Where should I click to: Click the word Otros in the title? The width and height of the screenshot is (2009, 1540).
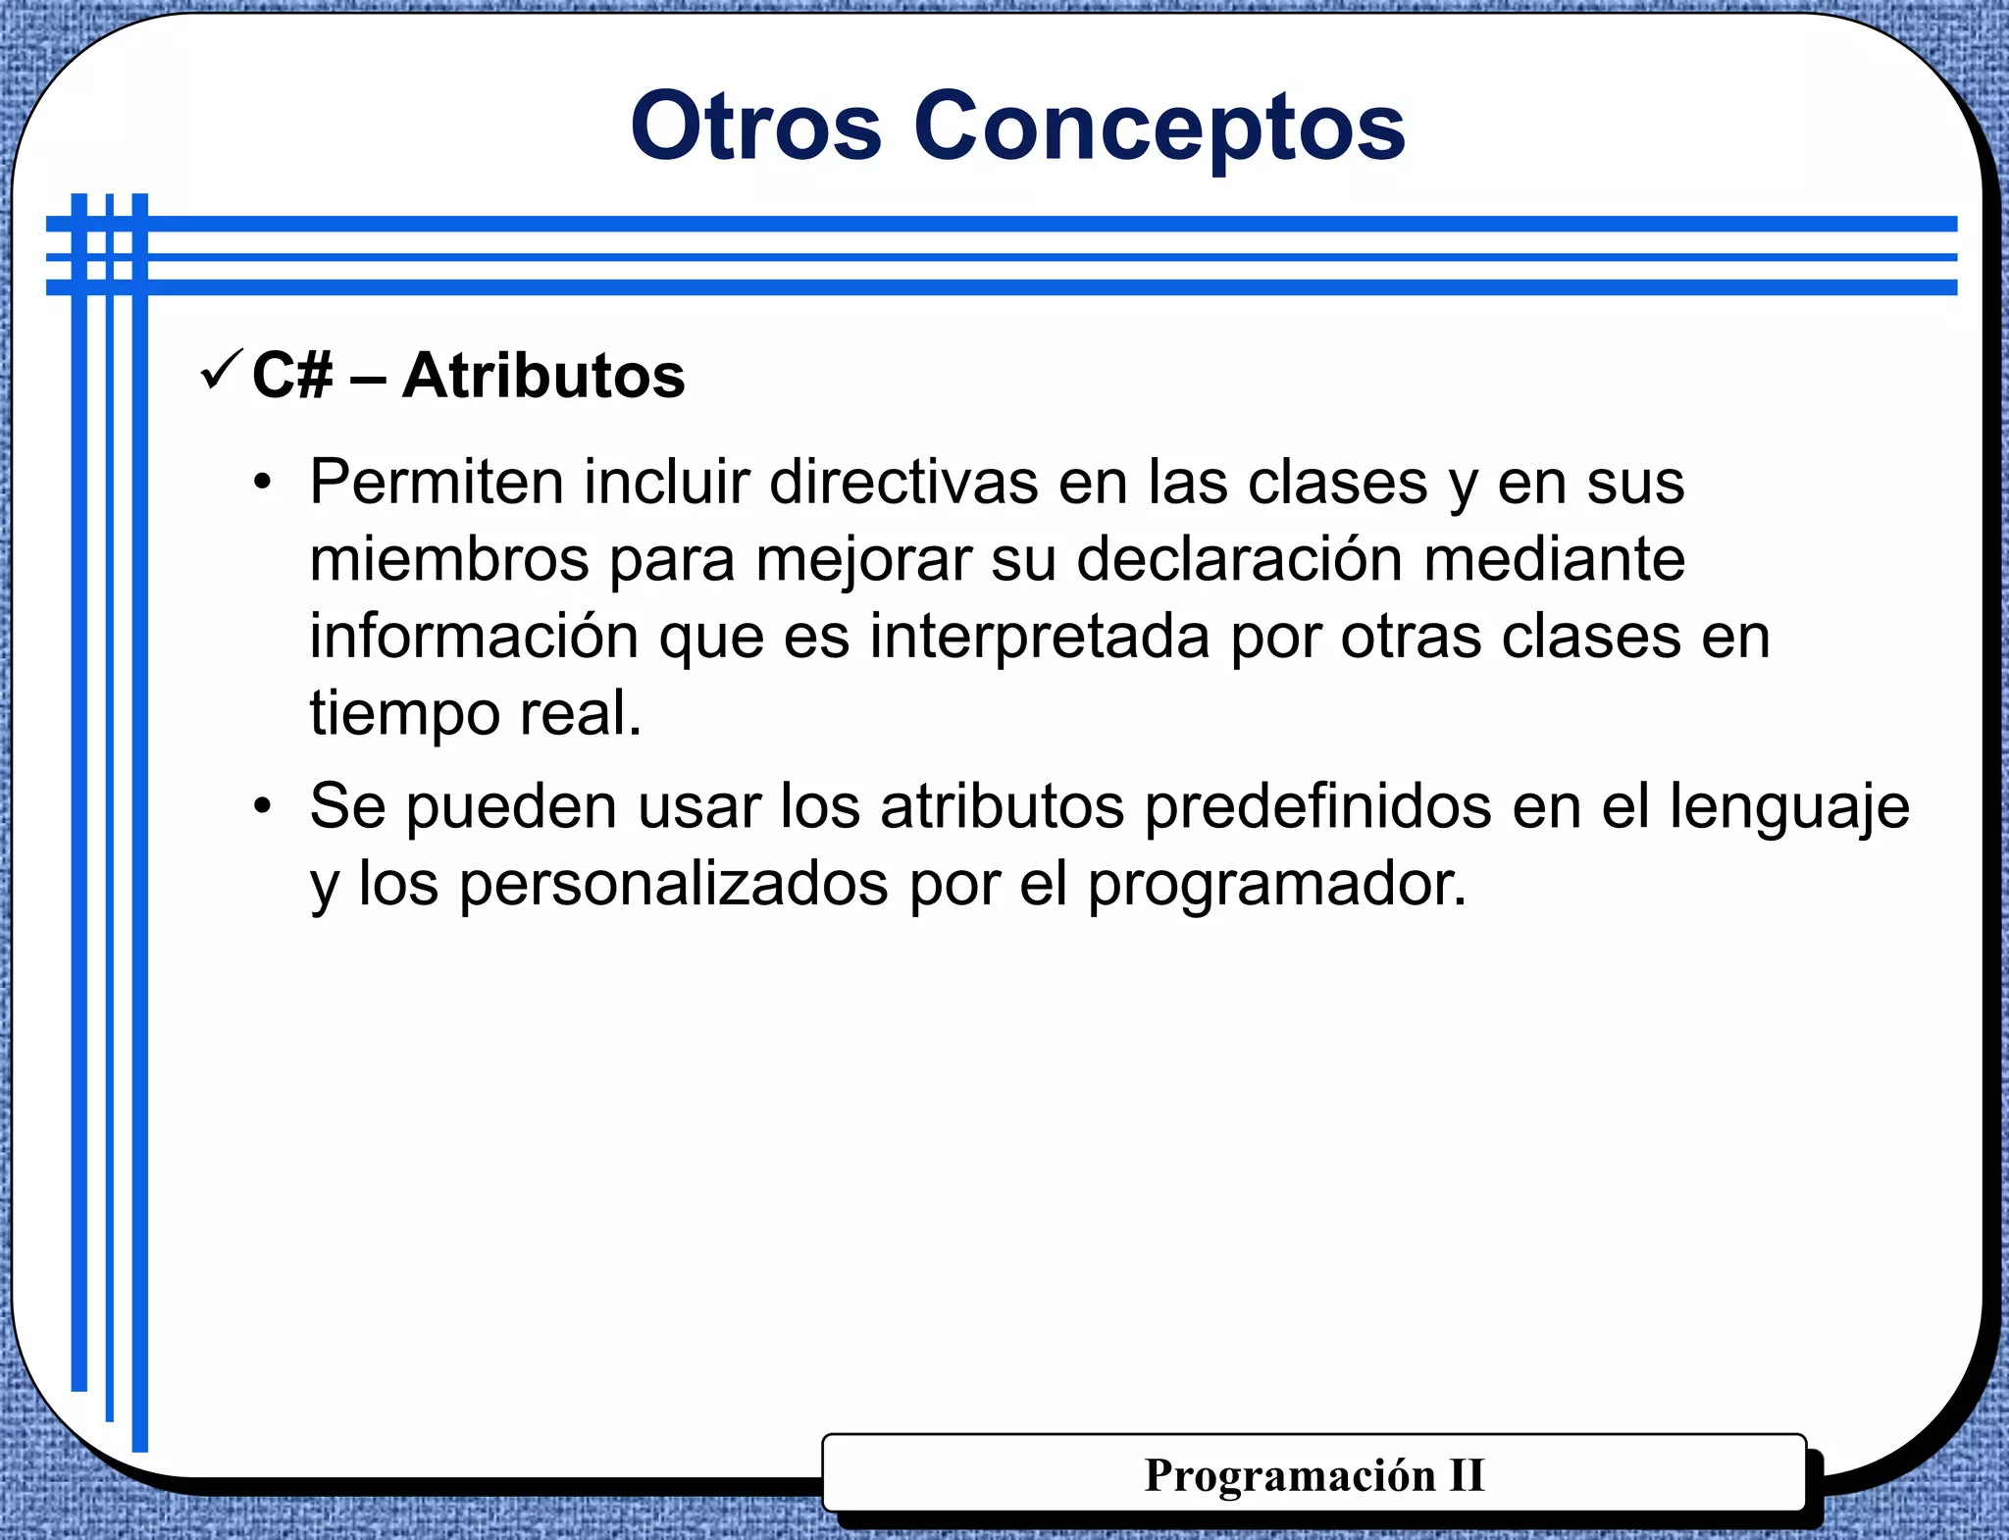tap(755, 128)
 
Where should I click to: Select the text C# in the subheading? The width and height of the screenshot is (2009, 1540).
tap(292, 376)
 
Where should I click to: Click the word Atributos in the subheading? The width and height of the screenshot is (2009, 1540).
tap(543, 376)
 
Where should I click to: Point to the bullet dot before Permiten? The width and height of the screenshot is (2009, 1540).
tap(261, 483)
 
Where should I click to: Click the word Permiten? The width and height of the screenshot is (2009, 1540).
tap(437, 483)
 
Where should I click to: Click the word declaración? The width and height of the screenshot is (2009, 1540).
tap(1240, 560)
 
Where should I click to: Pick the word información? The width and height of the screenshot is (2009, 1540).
tap(475, 637)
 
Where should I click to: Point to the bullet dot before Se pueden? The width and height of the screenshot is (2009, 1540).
tap(261, 807)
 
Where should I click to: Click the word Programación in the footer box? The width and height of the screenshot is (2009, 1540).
tap(1289, 1475)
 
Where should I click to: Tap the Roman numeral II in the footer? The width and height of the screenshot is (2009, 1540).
tap(1467, 1475)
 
